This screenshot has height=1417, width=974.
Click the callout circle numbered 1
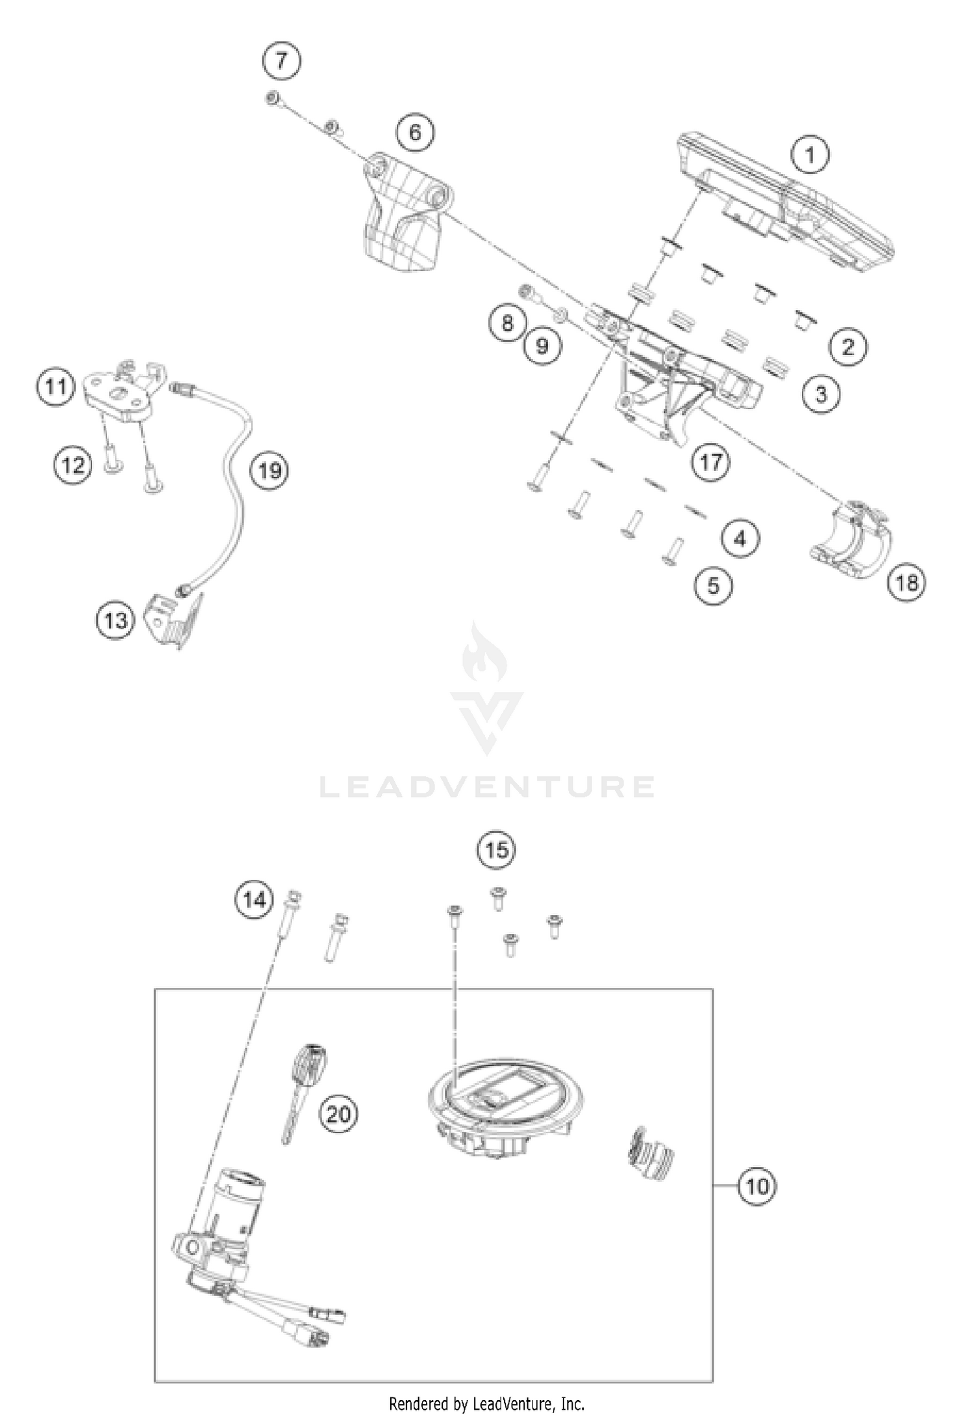[810, 156]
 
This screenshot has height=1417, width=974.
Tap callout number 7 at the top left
[282, 61]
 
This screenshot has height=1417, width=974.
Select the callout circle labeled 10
[756, 1186]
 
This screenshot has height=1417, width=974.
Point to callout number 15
[497, 850]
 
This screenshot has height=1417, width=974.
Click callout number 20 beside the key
[338, 1114]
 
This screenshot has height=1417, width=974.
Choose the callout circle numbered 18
[906, 583]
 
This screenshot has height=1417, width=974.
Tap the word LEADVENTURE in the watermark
[487, 786]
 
